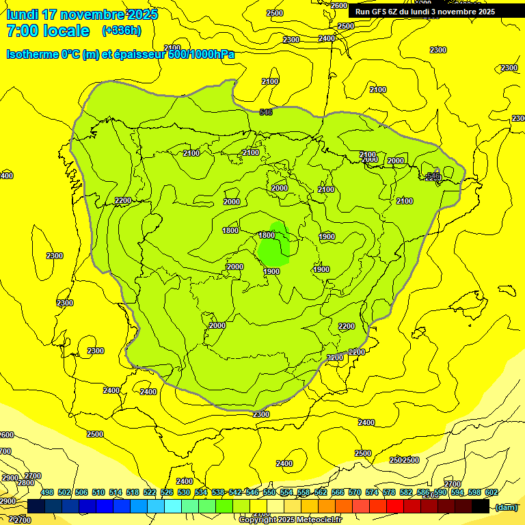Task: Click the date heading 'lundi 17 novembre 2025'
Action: pos(82,14)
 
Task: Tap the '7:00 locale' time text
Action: pos(48,31)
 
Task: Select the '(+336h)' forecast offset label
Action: pos(121,31)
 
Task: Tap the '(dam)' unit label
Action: pos(506,507)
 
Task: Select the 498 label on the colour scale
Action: pos(47,493)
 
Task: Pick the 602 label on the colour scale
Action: pos(491,493)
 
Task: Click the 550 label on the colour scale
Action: pos(269,493)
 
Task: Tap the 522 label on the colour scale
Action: pos(150,493)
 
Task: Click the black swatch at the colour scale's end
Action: pos(481,507)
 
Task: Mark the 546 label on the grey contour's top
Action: pos(266,112)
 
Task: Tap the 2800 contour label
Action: pos(25,483)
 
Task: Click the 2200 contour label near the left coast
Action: pos(123,200)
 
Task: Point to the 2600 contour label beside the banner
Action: pos(339,5)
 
